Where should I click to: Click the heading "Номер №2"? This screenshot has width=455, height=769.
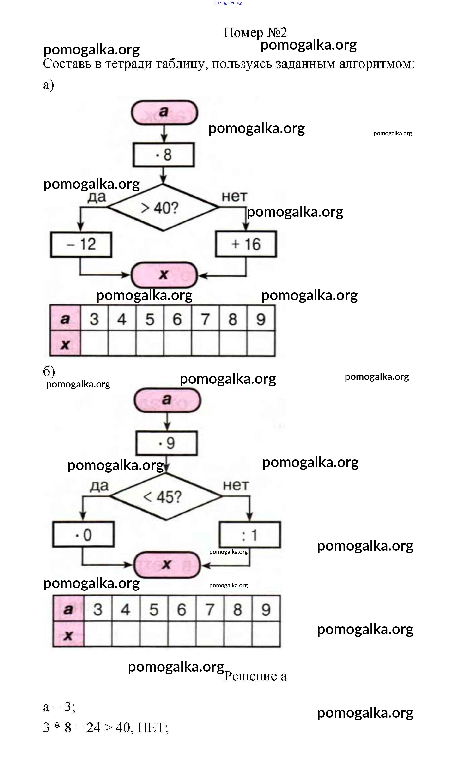pos(255,32)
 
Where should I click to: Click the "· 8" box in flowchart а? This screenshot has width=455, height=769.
pos(164,155)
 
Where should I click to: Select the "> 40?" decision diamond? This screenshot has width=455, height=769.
pos(163,207)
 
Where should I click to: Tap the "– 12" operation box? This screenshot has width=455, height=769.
pos(81,244)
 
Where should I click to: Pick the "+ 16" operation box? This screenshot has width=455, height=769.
pos(246,244)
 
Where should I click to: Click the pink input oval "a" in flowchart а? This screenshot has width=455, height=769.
pos(164,112)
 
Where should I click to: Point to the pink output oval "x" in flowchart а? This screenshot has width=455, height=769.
pos(164,274)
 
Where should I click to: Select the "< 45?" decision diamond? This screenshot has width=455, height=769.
pos(166,497)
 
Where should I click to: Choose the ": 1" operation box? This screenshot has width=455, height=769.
pos(249,535)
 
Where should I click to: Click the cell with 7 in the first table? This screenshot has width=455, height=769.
pos(205,319)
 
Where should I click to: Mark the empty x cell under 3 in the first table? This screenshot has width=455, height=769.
pos(94,343)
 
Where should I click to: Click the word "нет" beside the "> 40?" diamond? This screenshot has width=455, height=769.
pos(234,196)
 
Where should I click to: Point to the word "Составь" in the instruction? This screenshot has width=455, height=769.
pos(67,64)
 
